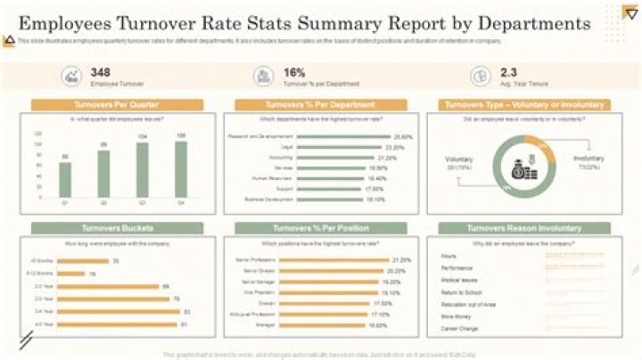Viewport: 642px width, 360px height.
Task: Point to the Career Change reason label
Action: tap(459, 328)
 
